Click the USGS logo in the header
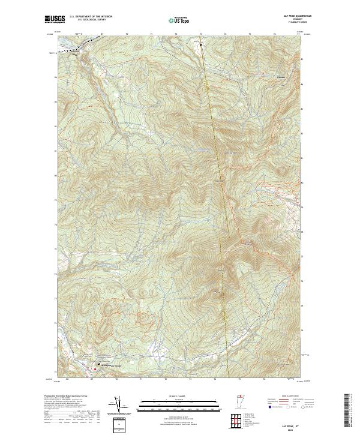53,19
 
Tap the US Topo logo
179,20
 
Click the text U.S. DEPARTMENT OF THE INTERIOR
91,17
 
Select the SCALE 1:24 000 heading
179,397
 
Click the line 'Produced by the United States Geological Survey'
66,397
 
